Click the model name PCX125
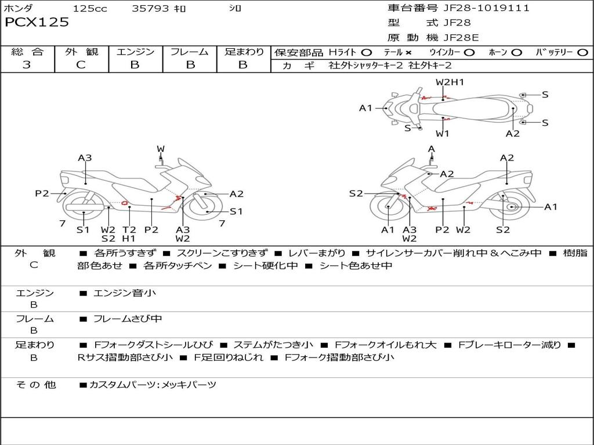coord(37,23)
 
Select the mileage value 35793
coord(150,9)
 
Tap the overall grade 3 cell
coord(27,65)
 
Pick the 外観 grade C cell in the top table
coord(81,65)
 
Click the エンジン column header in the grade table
coord(135,52)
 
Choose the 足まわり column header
coord(244,52)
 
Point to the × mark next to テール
coord(408,53)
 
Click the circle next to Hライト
coord(367,53)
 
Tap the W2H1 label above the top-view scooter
coord(450,82)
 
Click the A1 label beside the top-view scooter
coord(365,108)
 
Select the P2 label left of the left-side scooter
coord(42,194)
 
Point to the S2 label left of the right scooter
coord(356,194)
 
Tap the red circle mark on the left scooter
coord(124,203)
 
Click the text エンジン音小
coord(124,293)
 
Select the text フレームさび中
coord(128,319)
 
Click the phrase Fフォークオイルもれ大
coord(385,345)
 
